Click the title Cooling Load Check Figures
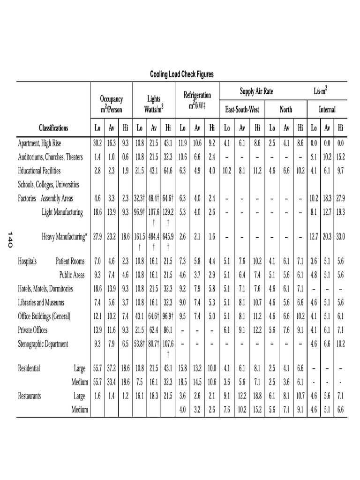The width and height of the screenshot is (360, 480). click(181, 75)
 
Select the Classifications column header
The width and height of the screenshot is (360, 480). click(53, 128)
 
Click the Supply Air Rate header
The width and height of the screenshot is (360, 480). click(256, 91)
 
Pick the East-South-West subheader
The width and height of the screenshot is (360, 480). click(242, 110)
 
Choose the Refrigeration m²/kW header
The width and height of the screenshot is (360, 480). click(197, 100)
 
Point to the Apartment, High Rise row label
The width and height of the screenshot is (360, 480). click(39, 143)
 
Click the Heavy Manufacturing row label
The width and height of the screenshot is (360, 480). click(65, 237)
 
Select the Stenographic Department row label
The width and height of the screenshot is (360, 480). click(43, 344)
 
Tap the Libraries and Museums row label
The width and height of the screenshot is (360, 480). click(41, 303)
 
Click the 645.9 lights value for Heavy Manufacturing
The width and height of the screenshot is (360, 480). click(169, 237)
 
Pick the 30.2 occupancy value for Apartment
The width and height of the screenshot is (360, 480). click(97, 143)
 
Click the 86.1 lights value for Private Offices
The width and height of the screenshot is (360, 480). click(169, 330)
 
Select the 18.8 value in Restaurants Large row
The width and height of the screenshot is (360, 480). click(257, 396)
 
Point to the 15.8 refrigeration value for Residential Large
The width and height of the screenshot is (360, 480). click(183, 368)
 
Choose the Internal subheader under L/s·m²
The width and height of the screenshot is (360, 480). click(327, 110)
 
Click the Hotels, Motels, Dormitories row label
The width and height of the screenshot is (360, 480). click(46, 289)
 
